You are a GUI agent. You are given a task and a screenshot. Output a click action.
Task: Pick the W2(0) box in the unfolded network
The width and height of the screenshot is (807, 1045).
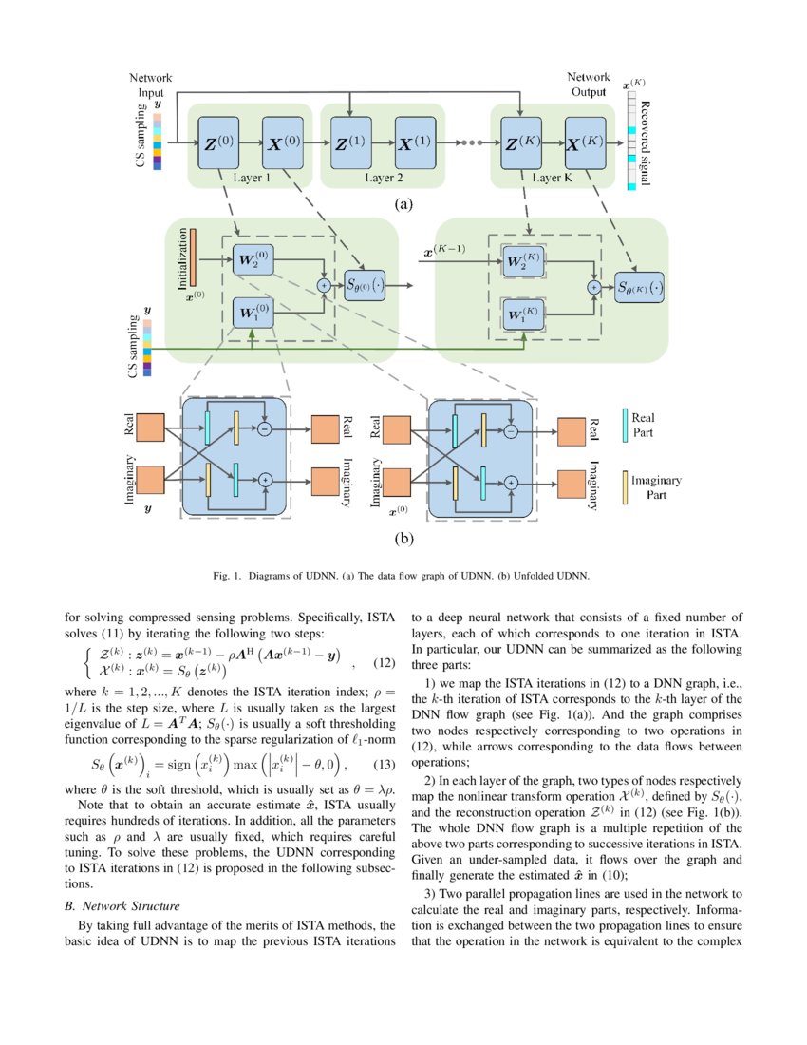(252, 259)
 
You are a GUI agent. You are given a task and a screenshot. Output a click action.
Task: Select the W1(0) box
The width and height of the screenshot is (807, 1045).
(252, 312)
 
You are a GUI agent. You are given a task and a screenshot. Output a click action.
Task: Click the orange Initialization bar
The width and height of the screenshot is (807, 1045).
(193, 256)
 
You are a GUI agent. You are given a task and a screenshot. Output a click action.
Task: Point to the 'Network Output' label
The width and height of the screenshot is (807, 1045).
(589, 85)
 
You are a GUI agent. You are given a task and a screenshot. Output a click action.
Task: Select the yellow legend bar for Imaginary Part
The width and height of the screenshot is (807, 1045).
(625, 484)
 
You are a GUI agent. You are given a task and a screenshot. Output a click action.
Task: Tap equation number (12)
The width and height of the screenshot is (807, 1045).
(382, 661)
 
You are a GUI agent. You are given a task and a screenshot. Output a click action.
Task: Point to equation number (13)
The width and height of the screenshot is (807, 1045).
(382, 737)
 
